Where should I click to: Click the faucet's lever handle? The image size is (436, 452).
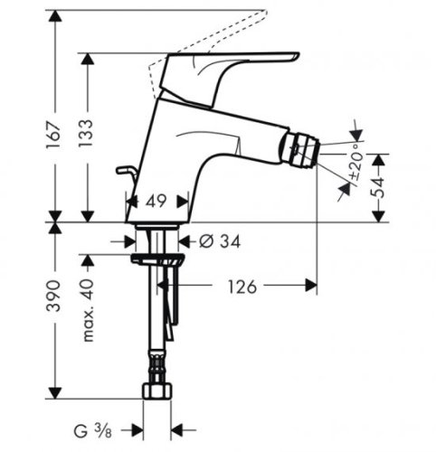point(235,67)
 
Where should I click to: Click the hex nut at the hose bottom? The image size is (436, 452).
point(157,391)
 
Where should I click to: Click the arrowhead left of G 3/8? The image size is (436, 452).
point(138,428)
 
